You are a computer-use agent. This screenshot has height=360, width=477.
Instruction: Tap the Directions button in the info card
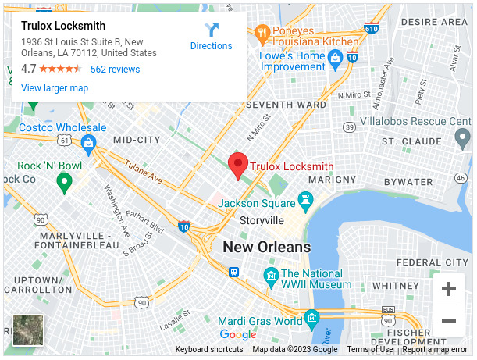tap(212, 36)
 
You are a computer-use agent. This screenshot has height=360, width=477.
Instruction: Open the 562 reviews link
tap(115, 70)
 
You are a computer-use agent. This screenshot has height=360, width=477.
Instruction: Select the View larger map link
tap(55, 88)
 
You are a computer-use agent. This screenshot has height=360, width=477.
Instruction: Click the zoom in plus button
tap(449, 290)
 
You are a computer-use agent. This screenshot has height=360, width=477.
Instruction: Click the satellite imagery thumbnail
tap(28, 330)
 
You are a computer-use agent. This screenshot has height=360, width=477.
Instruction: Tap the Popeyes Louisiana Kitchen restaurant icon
tap(262, 34)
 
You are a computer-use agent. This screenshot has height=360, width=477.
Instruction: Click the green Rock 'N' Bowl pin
tap(65, 183)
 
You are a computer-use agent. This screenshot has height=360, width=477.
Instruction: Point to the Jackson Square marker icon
tap(305, 200)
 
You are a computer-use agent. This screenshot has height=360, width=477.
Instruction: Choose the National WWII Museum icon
tap(271, 275)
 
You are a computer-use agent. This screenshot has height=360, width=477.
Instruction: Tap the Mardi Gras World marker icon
tap(312, 318)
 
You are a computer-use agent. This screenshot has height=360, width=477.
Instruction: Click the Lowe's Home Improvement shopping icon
tap(336, 57)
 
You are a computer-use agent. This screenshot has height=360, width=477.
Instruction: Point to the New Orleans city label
tap(267, 248)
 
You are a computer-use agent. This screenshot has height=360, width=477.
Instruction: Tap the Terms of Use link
tap(370, 350)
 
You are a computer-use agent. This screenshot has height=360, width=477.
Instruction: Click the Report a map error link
tap(436, 350)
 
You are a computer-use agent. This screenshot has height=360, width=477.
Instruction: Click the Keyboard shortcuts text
tap(209, 350)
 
